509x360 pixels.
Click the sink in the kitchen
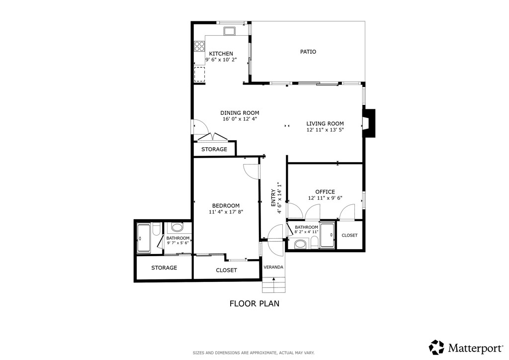(230, 31)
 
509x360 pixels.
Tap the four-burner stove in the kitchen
(199, 46)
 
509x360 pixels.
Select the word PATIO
(308, 52)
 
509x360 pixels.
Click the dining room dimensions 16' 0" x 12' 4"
(240, 119)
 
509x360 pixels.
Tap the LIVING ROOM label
(325, 124)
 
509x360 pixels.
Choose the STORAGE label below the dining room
(214, 149)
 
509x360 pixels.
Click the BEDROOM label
(226, 206)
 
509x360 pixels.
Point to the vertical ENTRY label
(273, 198)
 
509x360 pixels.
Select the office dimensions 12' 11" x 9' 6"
(325, 198)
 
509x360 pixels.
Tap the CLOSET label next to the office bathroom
(349, 235)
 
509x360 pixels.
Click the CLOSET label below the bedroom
(226, 270)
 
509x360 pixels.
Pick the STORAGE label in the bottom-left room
(164, 268)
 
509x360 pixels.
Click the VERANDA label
(273, 267)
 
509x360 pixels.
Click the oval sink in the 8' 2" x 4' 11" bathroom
(300, 244)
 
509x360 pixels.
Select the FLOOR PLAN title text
(254, 303)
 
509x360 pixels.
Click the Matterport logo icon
(436, 347)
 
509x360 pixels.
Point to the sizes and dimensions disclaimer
(254, 353)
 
